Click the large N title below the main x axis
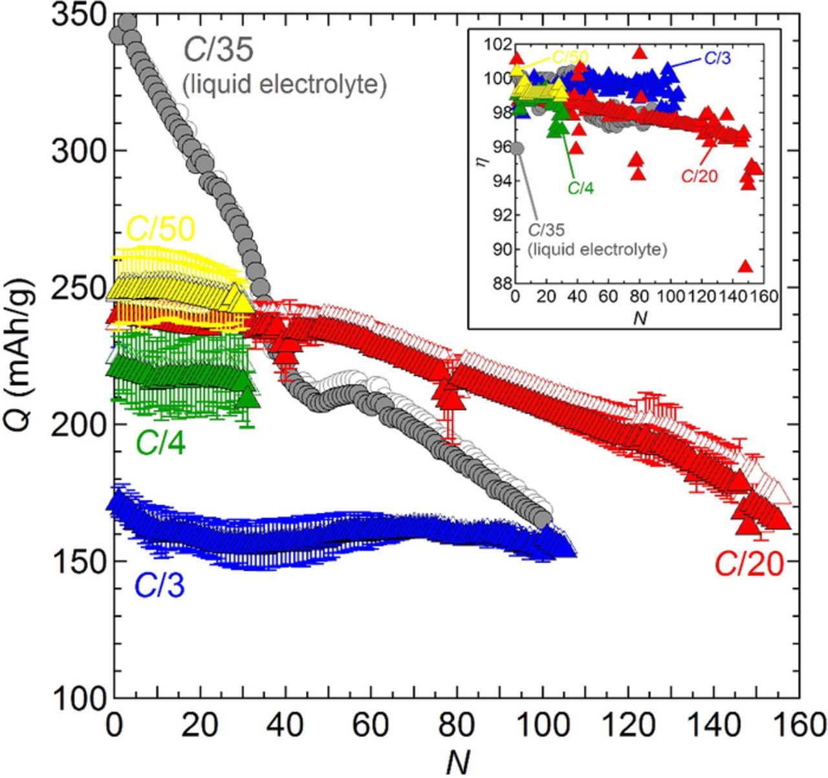(x=457, y=761)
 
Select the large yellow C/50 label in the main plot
(x=160, y=228)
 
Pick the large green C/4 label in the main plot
(x=160, y=444)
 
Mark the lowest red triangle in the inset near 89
(x=745, y=266)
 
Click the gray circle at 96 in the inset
(x=516, y=149)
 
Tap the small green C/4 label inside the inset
(x=581, y=188)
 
